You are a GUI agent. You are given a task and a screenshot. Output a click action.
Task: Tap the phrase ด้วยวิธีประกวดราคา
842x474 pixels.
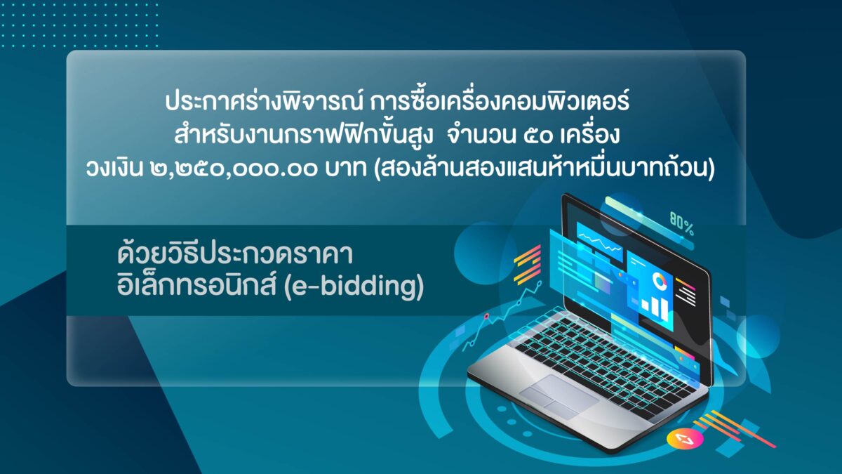coord(235,254)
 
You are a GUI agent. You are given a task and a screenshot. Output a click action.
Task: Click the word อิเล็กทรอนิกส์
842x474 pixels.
coord(197,287)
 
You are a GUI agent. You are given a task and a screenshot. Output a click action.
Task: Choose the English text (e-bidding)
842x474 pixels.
coord(354,288)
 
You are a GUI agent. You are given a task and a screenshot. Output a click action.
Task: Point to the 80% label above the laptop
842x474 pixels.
coord(681,224)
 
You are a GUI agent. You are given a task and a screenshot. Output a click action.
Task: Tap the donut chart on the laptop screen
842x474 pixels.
coord(660,281)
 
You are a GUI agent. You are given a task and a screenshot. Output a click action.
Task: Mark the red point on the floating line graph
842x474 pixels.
coord(486,317)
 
